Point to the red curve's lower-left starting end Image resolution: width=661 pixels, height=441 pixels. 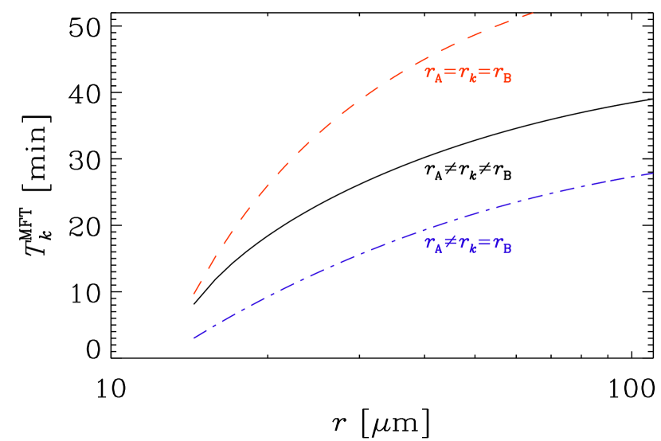click(194, 295)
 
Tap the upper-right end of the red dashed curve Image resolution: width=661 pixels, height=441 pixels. click(532, 13)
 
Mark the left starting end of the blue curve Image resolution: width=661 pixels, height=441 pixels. click(194, 338)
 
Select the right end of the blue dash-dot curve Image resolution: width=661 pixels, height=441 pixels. click(653, 173)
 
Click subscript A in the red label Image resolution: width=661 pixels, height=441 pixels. click(438, 78)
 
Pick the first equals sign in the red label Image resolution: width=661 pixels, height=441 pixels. click(450, 73)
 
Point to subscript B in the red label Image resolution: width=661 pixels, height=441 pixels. click(507, 78)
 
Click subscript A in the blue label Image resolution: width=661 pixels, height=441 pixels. click(438, 249)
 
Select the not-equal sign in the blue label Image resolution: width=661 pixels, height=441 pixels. click(450, 244)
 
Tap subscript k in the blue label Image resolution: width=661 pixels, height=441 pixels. click(473, 249)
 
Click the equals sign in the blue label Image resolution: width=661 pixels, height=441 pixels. click(485, 244)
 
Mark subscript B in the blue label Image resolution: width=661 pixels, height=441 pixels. click(507, 249)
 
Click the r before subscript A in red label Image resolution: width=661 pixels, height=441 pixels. click(430, 73)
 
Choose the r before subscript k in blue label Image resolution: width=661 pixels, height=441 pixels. click(464, 244)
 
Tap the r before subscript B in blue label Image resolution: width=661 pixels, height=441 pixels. click(499, 244)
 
